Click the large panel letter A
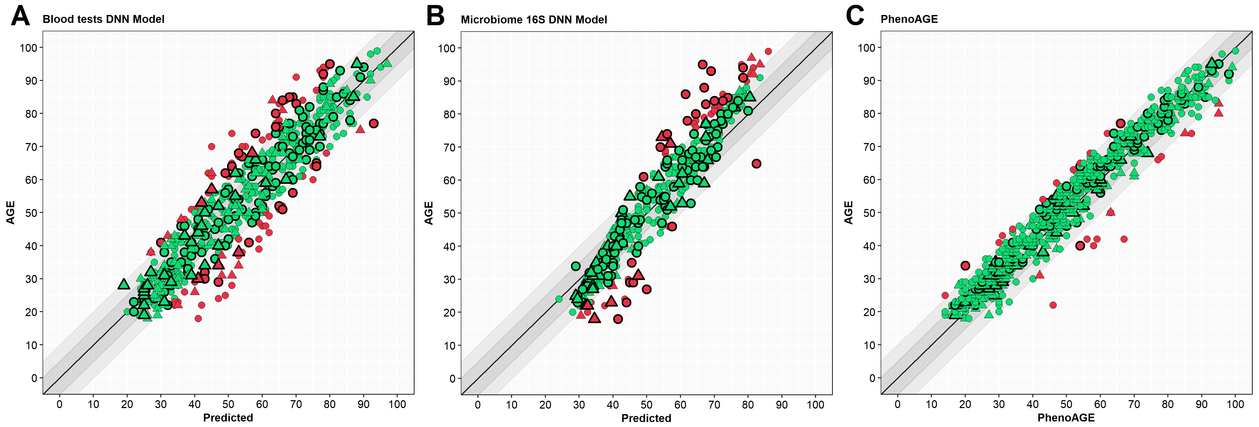[x=20, y=16]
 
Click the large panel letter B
[x=435, y=16]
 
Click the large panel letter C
[x=855, y=16]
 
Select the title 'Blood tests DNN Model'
[x=103, y=19]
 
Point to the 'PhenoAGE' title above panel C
[x=909, y=19]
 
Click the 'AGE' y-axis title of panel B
[x=429, y=213]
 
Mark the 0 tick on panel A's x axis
[x=60, y=404]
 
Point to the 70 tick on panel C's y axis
[x=869, y=147]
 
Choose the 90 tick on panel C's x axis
[x=1201, y=404]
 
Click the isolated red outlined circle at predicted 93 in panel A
[x=374, y=123]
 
